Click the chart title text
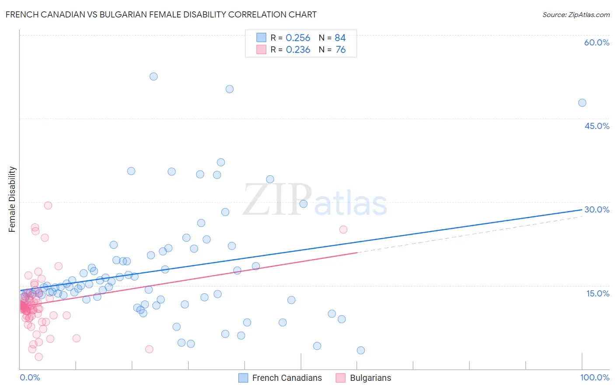click(161, 14)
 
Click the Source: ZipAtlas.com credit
click(576, 14)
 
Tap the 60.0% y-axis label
click(597, 42)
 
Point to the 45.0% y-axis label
click(597, 126)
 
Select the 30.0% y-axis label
click(597, 209)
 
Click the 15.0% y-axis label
click(598, 293)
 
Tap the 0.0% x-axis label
click(30, 377)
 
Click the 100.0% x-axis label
click(594, 377)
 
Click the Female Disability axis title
click(12, 199)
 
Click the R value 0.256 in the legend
click(298, 38)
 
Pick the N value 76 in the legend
click(340, 50)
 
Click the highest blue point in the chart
click(154, 77)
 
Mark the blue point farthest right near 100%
click(582, 103)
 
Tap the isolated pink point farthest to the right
click(343, 230)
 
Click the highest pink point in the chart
click(48, 205)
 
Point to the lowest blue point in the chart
click(361, 350)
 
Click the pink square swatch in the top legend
click(261, 49)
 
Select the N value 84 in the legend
click(340, 38)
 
